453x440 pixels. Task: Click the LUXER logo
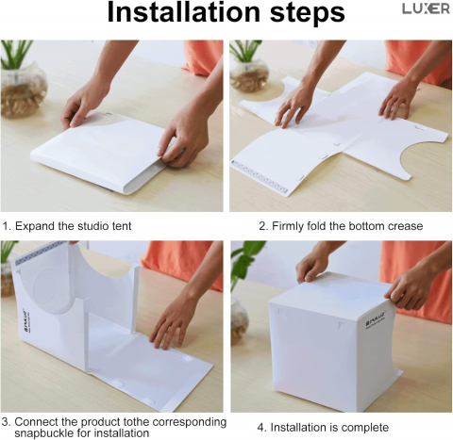point(426,9)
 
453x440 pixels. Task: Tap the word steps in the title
point(308,14)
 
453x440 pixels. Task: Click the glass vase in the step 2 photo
point(249,74)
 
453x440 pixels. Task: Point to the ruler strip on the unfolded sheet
point(260,177)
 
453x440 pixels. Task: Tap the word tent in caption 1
point(122,226)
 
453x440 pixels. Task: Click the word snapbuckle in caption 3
point(43,433)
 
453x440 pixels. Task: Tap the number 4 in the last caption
point(260,428)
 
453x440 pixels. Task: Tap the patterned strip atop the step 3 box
point(42,252)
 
